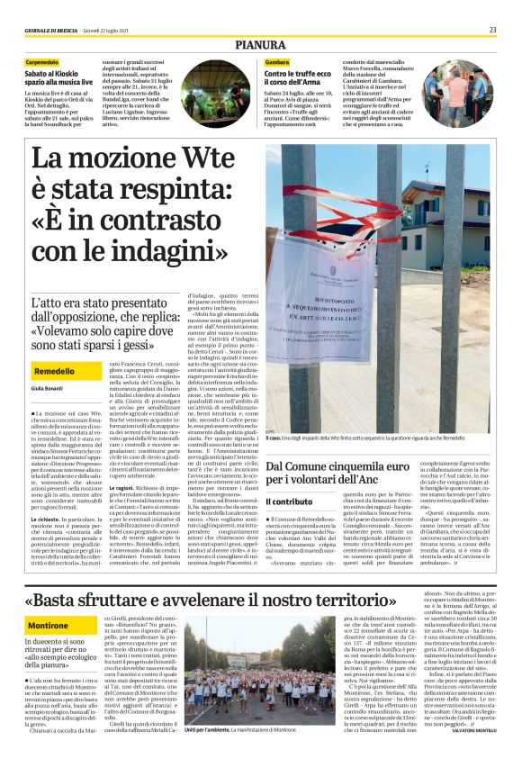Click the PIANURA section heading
tap(261, 44)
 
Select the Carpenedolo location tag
tap(50, 61)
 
